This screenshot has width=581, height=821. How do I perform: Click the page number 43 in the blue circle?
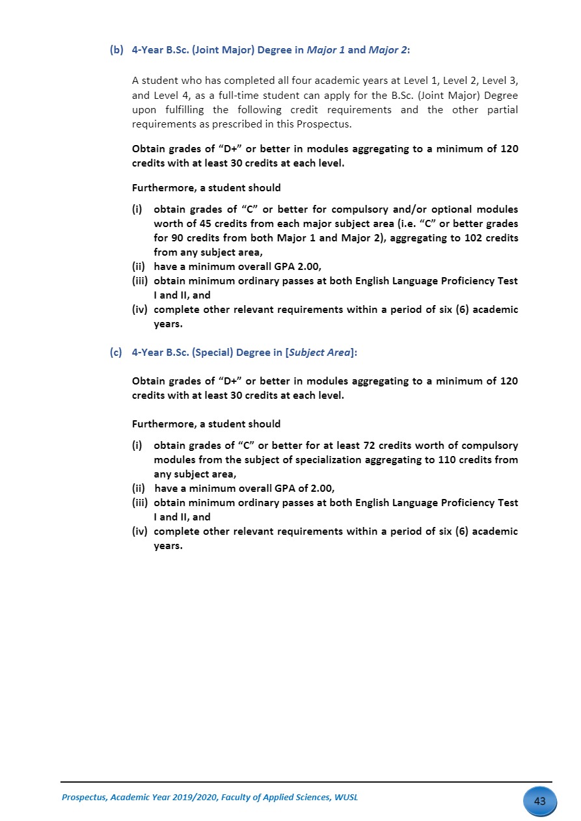[x=539, y=801]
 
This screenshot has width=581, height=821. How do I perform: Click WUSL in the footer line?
[x=345, y=798]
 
